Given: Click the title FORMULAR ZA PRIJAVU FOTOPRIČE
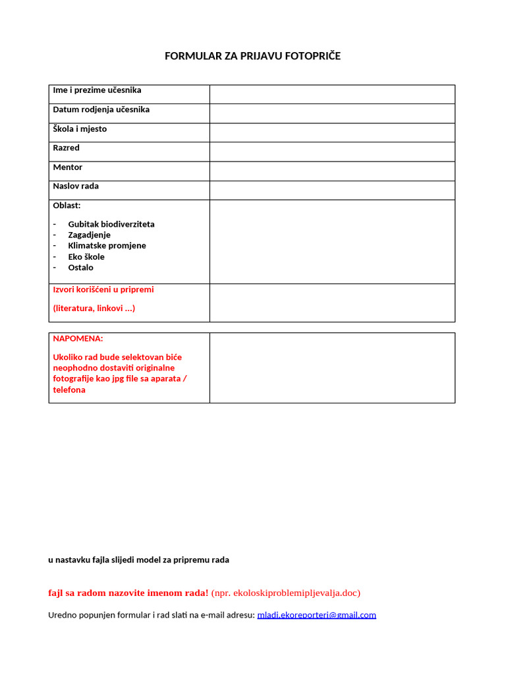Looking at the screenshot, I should [x=252, y=56].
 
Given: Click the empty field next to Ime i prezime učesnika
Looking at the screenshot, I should [x=332, y=94].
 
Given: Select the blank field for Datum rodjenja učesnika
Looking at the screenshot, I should [x=332, y=113].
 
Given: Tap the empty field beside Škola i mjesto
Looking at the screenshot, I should [x=332, y=132].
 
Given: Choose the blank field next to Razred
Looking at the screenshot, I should [x=332, y=152].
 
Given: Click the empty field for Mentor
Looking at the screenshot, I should [x=332, y=171].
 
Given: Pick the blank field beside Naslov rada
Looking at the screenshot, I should [x=332, y=190].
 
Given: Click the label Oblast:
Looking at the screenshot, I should [x=67, y=206].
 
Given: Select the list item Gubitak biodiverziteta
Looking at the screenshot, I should [x=111, y=224].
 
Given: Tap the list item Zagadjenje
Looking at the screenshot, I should [x=89, y=235].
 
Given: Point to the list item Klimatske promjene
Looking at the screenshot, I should [x=107, y=246].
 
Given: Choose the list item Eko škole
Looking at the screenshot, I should [x=86, y=257].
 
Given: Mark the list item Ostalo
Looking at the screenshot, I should [x=80, y=268].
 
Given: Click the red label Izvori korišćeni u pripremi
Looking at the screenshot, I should [x=103, y=289].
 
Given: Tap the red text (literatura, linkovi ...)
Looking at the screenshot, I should [x=94, y=308].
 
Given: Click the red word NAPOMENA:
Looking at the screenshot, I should [x=78, y=338].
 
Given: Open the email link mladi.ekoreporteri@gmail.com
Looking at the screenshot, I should [x=316, y=615].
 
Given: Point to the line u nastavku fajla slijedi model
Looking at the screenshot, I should [x=138, y=560].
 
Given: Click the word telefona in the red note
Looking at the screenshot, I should [x=69, y=390].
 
